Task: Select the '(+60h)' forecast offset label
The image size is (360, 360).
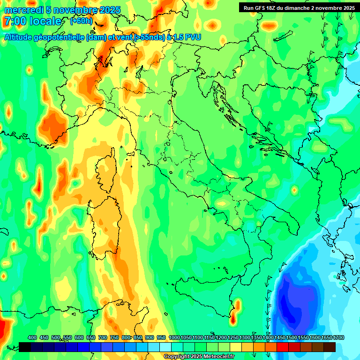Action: pos(81,21)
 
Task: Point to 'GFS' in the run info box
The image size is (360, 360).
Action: pos(262,8)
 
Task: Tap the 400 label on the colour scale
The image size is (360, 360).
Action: pos(32,337)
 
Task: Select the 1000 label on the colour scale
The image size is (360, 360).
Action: pos(174,337)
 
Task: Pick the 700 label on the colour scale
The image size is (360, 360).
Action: pos(103,337)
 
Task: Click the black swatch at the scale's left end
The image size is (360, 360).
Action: pos(25,347)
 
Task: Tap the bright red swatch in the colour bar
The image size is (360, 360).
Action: pos(283,347)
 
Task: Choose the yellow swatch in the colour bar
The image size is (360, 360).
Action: pos(236,347)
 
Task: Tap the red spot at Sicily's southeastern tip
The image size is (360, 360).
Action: pos(233,320)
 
